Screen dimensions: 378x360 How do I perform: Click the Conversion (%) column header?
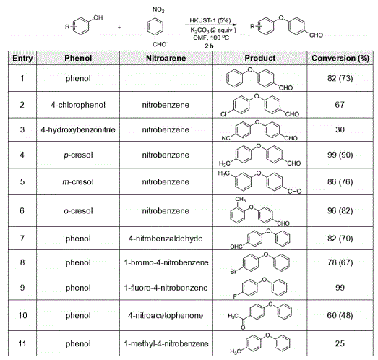coord(340,58)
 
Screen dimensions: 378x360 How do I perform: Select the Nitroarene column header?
coord(166,58)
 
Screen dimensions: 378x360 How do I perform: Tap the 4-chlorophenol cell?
coord(78,105)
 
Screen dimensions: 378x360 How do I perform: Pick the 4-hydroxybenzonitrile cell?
coord(78,129)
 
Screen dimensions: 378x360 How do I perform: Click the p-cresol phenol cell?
coord(78,155)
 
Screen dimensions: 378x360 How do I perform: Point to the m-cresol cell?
coord(78,181)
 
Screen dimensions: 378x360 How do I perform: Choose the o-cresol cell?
coord(78,211)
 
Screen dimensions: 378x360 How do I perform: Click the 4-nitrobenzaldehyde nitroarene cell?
coord(166,239)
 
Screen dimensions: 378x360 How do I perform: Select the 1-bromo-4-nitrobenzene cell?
coord(166,262)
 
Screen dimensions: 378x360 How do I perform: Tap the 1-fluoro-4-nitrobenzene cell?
coord(166,288)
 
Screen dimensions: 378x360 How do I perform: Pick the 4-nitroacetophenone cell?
coord(166,315)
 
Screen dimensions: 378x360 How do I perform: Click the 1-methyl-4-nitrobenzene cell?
coord(166,343)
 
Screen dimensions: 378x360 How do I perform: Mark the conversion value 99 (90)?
coord(340,155)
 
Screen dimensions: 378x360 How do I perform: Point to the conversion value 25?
coord(340,343)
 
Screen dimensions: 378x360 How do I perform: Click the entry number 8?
coord(22,262)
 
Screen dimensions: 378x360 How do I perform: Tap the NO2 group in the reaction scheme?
coord(158,9)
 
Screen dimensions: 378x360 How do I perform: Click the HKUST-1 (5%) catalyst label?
coord(210,20)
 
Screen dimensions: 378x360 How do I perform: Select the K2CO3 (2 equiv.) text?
coord(213,30)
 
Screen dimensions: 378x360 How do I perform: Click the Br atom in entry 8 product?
coord(233,272)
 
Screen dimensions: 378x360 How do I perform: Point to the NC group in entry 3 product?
coord(226,138)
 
